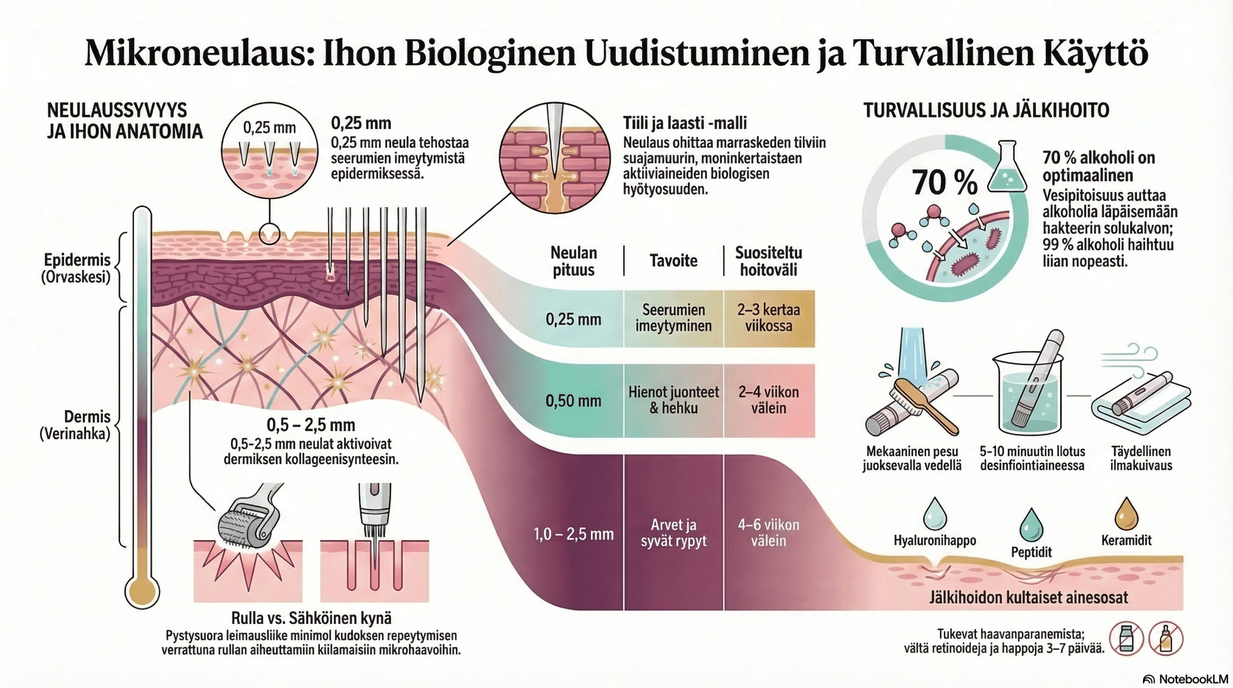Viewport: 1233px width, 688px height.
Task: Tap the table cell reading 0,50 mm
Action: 573,401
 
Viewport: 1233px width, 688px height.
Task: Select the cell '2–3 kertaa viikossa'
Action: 768,318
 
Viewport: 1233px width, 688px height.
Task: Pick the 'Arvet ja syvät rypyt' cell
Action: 673,532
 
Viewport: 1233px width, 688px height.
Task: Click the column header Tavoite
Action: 673,261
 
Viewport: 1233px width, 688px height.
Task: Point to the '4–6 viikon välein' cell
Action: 768,532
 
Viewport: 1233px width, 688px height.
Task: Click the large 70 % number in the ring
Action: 944,183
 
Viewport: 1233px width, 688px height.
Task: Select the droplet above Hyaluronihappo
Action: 935,514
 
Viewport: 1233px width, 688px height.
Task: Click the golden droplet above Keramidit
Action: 1126,514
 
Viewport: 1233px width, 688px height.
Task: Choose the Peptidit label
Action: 1031,552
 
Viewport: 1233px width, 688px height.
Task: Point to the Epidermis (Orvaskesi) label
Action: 77,268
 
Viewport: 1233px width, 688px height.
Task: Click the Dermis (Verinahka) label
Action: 75,425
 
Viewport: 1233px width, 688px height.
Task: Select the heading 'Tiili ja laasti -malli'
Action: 684,123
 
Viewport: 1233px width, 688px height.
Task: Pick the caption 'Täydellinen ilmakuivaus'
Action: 1141,458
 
